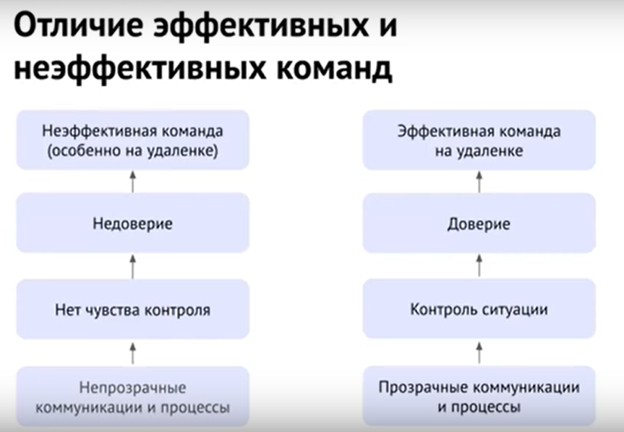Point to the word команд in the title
(x=335, y=68)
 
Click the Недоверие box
(x=132, y=223)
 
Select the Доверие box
(x=479, y=223)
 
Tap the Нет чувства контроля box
(x=132, y=309)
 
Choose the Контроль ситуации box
(x=479, y=309)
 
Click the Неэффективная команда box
(x=132, y=140)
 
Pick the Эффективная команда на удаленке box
(x=479, y=140)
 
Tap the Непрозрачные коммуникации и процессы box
(x=132, y=397)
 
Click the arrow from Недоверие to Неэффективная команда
(x=133, y=182)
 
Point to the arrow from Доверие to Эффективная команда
(x=479, y=182)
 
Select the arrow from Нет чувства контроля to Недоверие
(x=133, y=266)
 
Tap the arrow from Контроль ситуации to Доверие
(x=479, y=266)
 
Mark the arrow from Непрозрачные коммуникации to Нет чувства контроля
(x=133, y=353)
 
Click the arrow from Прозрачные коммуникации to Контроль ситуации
(x=479, y=352)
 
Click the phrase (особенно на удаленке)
(x=132, y=151)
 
